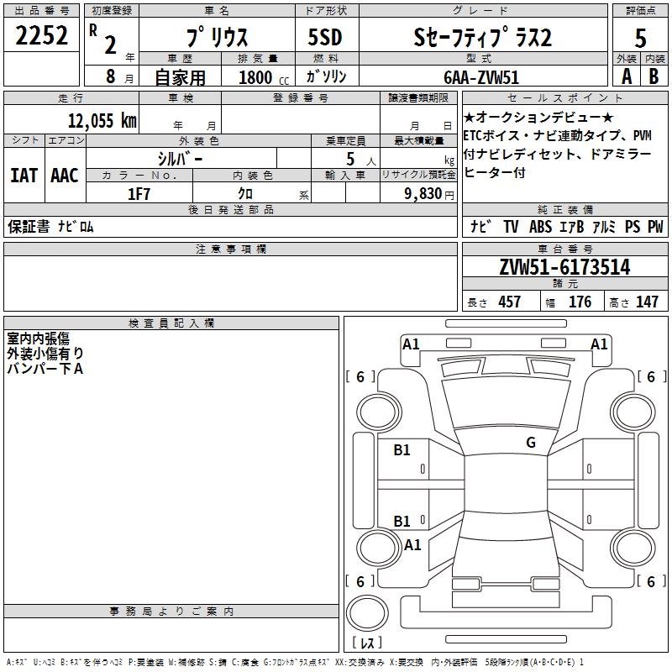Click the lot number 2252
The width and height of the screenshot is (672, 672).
pyautogui.click(x=41, y=35)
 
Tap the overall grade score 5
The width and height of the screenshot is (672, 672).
pyautogui.click(x=640, y=39)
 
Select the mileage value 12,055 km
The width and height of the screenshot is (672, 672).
pyautogui.click(x=102, y=120)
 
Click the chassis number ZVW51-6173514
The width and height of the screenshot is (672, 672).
pyautogui.click(x=564, y=267)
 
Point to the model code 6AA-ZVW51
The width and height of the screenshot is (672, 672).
pyautogui.click(x=481, y=77)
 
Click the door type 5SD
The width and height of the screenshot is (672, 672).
pyautogui.click(x=325, y=37)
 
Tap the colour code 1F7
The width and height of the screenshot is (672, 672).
pyautogui.click(x=139, y=194)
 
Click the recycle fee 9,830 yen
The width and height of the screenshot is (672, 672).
pyautogui.click(x=429, y=194)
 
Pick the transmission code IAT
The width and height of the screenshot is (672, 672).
pyautogui.click(x=24, y=176)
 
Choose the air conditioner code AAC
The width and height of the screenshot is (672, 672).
pyautogui.click(x=65, y=176)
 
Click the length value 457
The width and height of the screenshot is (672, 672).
pyautogui.click(x=509, y=302)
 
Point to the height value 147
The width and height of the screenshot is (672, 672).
pyautogui.click(x=647, y=302)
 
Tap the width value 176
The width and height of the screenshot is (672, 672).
pyautogui.click(x=580, y=302)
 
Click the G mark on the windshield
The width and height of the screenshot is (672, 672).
pyautogui.click(x=531, y=443)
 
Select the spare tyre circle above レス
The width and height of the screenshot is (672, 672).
pyautogui.click(x=367, y=613)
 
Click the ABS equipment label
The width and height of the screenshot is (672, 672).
pyautogui.click(x=540, y=227)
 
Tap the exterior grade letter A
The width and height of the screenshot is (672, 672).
pyautogui.click(x=627, y=76)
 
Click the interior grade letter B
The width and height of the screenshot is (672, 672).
pyautogui.click(x=654, y=76)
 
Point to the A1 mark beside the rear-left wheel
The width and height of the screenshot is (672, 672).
pyautogui.click(x=412, y=544)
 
